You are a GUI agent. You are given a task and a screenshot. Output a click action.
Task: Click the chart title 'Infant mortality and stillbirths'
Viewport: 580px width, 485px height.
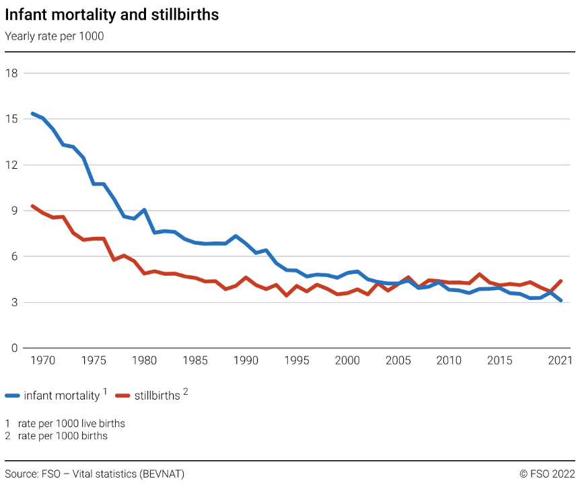[112, 15]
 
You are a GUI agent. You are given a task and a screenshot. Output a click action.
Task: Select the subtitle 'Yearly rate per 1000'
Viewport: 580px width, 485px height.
[55, 36]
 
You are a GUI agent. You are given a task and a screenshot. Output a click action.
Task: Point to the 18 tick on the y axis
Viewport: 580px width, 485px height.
[11, 73]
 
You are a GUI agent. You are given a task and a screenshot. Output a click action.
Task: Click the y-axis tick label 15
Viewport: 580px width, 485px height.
[11, 118]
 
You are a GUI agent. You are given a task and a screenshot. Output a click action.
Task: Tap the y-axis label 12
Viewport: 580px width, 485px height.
[11, 164]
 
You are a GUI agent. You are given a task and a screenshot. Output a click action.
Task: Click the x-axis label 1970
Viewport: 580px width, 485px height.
[42, 361]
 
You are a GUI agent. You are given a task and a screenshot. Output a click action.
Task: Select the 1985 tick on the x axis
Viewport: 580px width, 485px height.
[195, 361]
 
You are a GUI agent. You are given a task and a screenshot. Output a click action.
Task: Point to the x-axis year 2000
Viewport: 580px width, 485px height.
[347, 361]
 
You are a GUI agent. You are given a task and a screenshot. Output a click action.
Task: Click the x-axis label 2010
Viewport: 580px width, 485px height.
[449, 361]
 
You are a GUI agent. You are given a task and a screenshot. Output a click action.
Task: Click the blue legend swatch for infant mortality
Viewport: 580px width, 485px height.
[13, 396]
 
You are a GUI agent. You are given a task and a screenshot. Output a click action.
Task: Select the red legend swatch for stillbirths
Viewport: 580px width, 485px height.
[123, 396]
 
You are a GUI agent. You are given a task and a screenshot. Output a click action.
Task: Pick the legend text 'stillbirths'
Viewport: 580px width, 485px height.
[157, 396]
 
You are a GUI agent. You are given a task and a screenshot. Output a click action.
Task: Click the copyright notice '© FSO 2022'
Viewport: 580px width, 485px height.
[547, 474]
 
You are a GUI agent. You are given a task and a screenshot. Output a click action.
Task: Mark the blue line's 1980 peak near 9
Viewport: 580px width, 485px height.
[144, 210]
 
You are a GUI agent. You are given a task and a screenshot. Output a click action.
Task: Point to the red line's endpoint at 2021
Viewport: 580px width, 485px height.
[560, 281]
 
